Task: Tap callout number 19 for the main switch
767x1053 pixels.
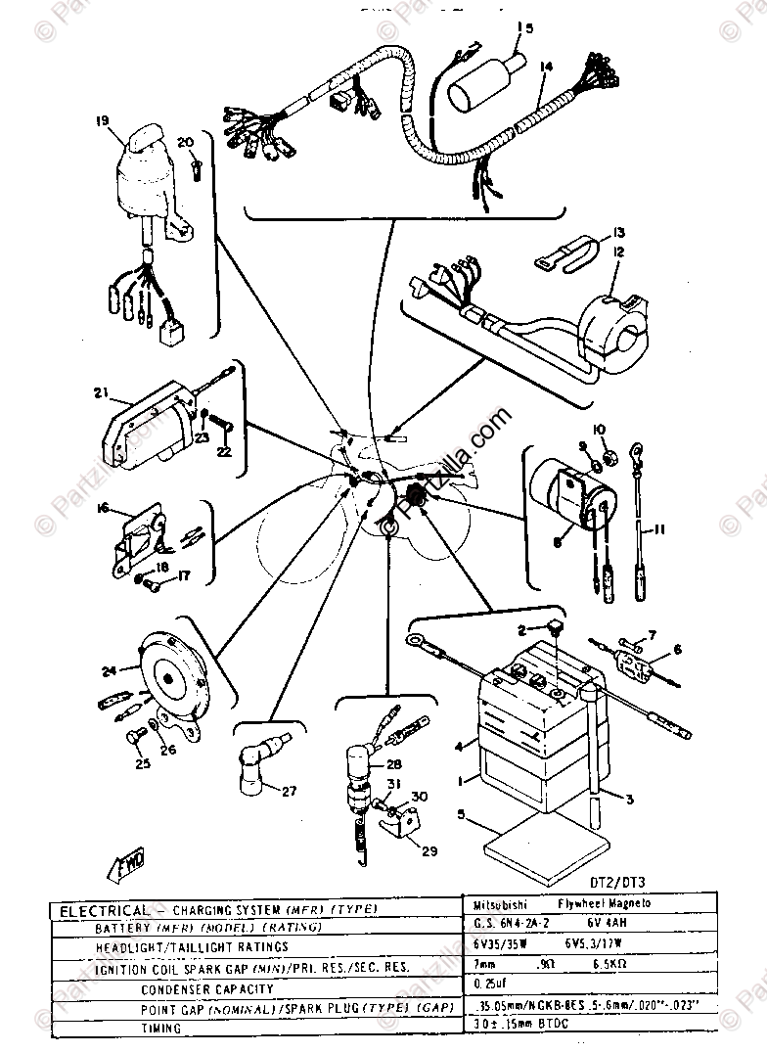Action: pyautogui.click(x=102, y=121)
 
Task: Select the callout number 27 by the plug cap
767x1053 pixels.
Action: pyautogui.click(x=288, y=792)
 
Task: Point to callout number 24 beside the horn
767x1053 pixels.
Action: pyautogui.click(x=110, y=670)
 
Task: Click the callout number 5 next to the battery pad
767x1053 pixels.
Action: pyautogui.click(x=462, y=813)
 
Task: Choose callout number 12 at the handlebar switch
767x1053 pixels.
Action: pyautogui.click(x=617, y=252)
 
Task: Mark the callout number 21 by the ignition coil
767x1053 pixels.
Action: pyautogui.click(x=101, y=393)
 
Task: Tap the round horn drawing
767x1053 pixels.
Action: pyautogui.click(x=170, y=675)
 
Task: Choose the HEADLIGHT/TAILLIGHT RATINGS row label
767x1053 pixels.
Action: pyautogui.click(x=191, y=947)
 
